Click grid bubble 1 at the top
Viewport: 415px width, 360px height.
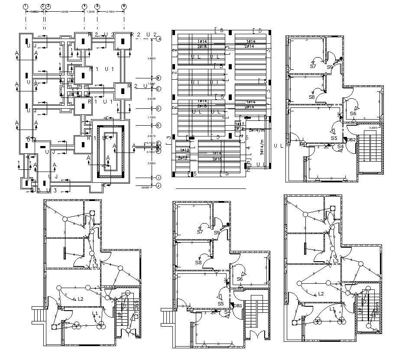coord(26,6)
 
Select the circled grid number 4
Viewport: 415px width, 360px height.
coord(84,6)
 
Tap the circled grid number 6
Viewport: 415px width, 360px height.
coord(124,6)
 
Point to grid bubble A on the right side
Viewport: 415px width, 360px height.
coord(159,39)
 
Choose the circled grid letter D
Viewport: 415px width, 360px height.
coord(159,108)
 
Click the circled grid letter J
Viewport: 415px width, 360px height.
coord(159,186)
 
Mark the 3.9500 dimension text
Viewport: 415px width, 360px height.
coord(65,12)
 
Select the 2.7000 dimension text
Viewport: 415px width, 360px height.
coord(110,12)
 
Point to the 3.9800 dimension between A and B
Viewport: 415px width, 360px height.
coord(151,58)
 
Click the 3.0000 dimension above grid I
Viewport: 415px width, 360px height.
coord(151,163)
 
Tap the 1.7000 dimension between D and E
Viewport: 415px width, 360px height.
coord(151,117)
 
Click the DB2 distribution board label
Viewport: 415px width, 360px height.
coord(351,139)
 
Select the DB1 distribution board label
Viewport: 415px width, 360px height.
coord(237,305)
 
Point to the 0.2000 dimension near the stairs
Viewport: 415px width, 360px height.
coord(373,128)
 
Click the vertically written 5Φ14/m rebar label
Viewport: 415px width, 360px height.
coord(262,147)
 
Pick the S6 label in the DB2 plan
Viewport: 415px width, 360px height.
coord(353,114)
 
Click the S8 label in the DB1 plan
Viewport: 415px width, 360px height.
coord(198,263)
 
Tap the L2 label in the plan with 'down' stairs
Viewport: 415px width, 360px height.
coord(321,294)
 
